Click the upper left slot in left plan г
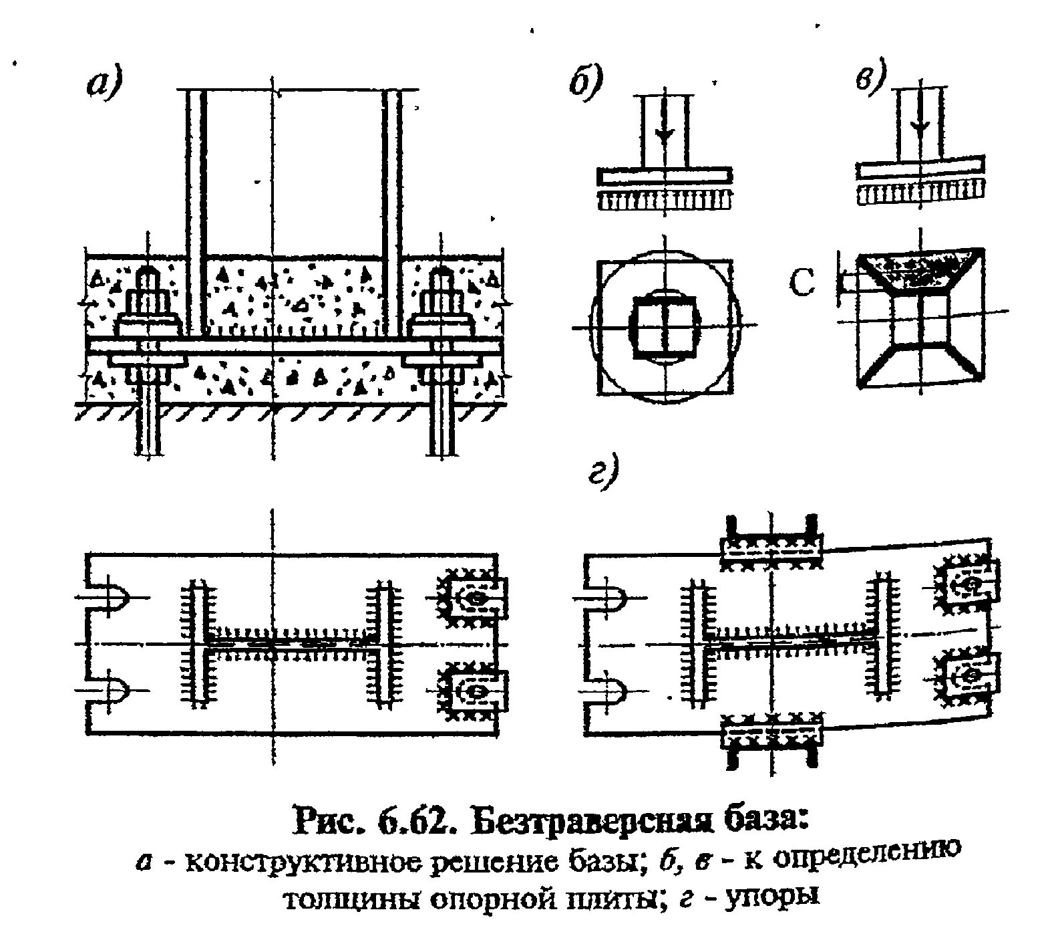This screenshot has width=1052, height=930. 110,596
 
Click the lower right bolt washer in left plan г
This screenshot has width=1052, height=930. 476,689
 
